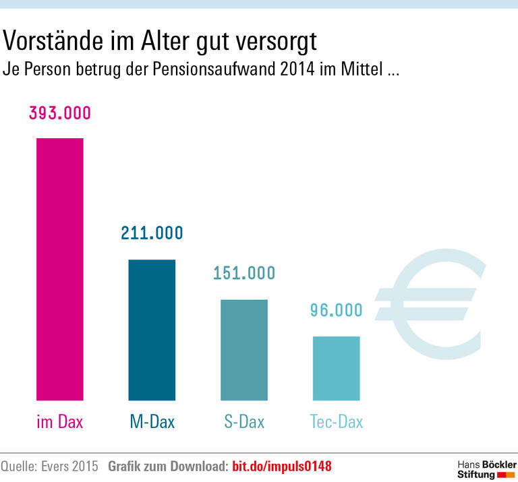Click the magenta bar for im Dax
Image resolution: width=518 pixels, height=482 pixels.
59,269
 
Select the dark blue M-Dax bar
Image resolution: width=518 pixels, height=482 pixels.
152,330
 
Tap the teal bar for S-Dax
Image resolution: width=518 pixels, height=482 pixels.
244,350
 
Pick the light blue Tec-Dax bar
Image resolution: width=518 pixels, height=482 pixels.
336,368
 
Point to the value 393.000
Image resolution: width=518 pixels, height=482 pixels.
59,113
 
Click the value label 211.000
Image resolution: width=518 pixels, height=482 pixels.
152,233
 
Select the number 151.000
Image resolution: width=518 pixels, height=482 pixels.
244,273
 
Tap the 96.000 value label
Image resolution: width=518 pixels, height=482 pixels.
336,310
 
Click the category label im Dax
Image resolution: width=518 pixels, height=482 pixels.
59,423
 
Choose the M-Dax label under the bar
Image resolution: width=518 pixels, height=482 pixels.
152,423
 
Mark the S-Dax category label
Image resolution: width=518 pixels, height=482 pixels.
244,423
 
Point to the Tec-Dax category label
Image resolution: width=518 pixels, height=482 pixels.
336,423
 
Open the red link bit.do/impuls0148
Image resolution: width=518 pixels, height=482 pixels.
282,466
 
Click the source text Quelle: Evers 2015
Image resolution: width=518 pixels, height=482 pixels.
49,466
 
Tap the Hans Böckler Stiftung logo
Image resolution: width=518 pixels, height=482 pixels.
486,469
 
